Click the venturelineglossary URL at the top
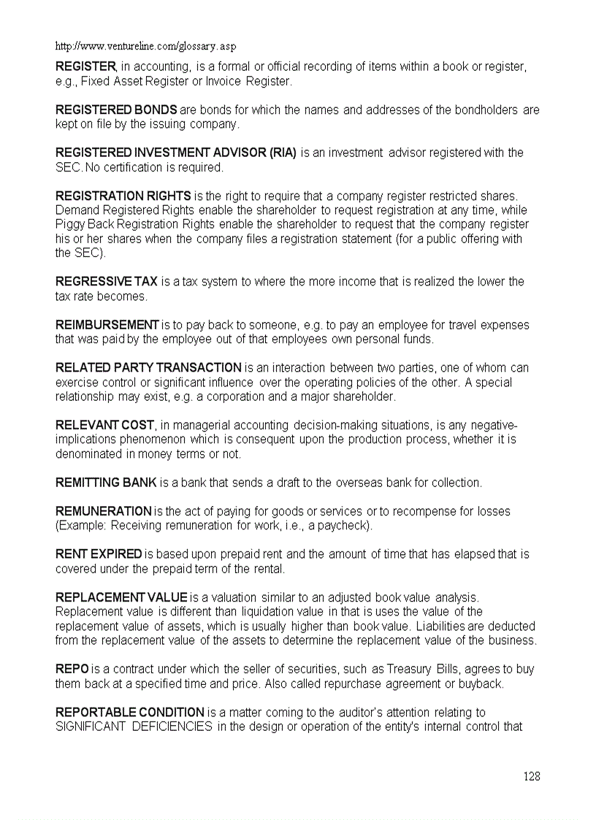[146, 46]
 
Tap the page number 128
[532, 776]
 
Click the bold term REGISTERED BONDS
[116, 110]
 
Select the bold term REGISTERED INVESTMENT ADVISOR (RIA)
[176, 153]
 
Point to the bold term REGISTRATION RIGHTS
[123, 196]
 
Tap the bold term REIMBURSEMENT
[107, 325]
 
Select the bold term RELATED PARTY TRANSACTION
[148, 367]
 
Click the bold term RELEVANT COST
[104, 425]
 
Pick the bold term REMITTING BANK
[106, 483]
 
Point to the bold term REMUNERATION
[103, 511]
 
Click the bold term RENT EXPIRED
[99, 554]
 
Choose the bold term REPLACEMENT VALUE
[121, 597]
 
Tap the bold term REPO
[72, 669]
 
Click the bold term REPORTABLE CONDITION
[130, 712]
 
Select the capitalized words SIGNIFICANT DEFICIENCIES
[134, 727]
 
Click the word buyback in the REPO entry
[481, 683]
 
